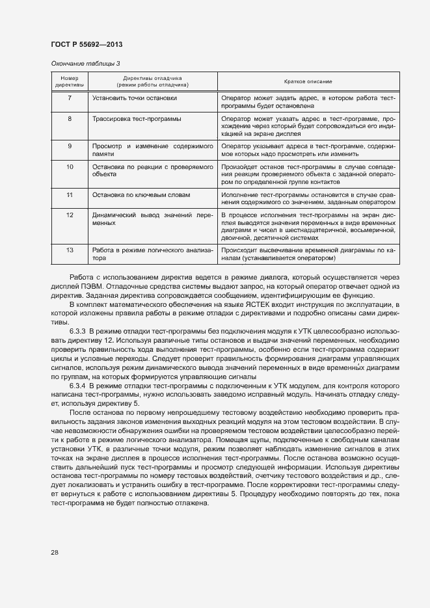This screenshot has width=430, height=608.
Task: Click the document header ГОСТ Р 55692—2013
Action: pos(86,44)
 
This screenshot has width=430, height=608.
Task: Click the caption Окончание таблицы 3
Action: pos(85,63)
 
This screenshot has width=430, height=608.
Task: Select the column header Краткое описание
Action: pos(308,81)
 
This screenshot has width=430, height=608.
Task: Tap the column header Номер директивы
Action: pos(70,81)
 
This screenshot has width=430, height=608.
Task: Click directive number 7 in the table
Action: pos(70,98)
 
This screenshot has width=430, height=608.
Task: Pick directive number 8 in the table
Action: pos(70,119)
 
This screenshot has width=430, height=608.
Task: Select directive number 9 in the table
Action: pos(70,146)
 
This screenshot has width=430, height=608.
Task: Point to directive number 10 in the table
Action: pos(70,167)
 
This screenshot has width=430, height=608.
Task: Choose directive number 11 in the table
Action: pos(70,194)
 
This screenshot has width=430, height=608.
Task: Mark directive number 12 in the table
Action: pos(70,215)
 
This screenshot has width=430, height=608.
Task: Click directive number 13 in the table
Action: pos(70,250)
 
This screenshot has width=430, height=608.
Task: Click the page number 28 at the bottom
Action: pos(55,552)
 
